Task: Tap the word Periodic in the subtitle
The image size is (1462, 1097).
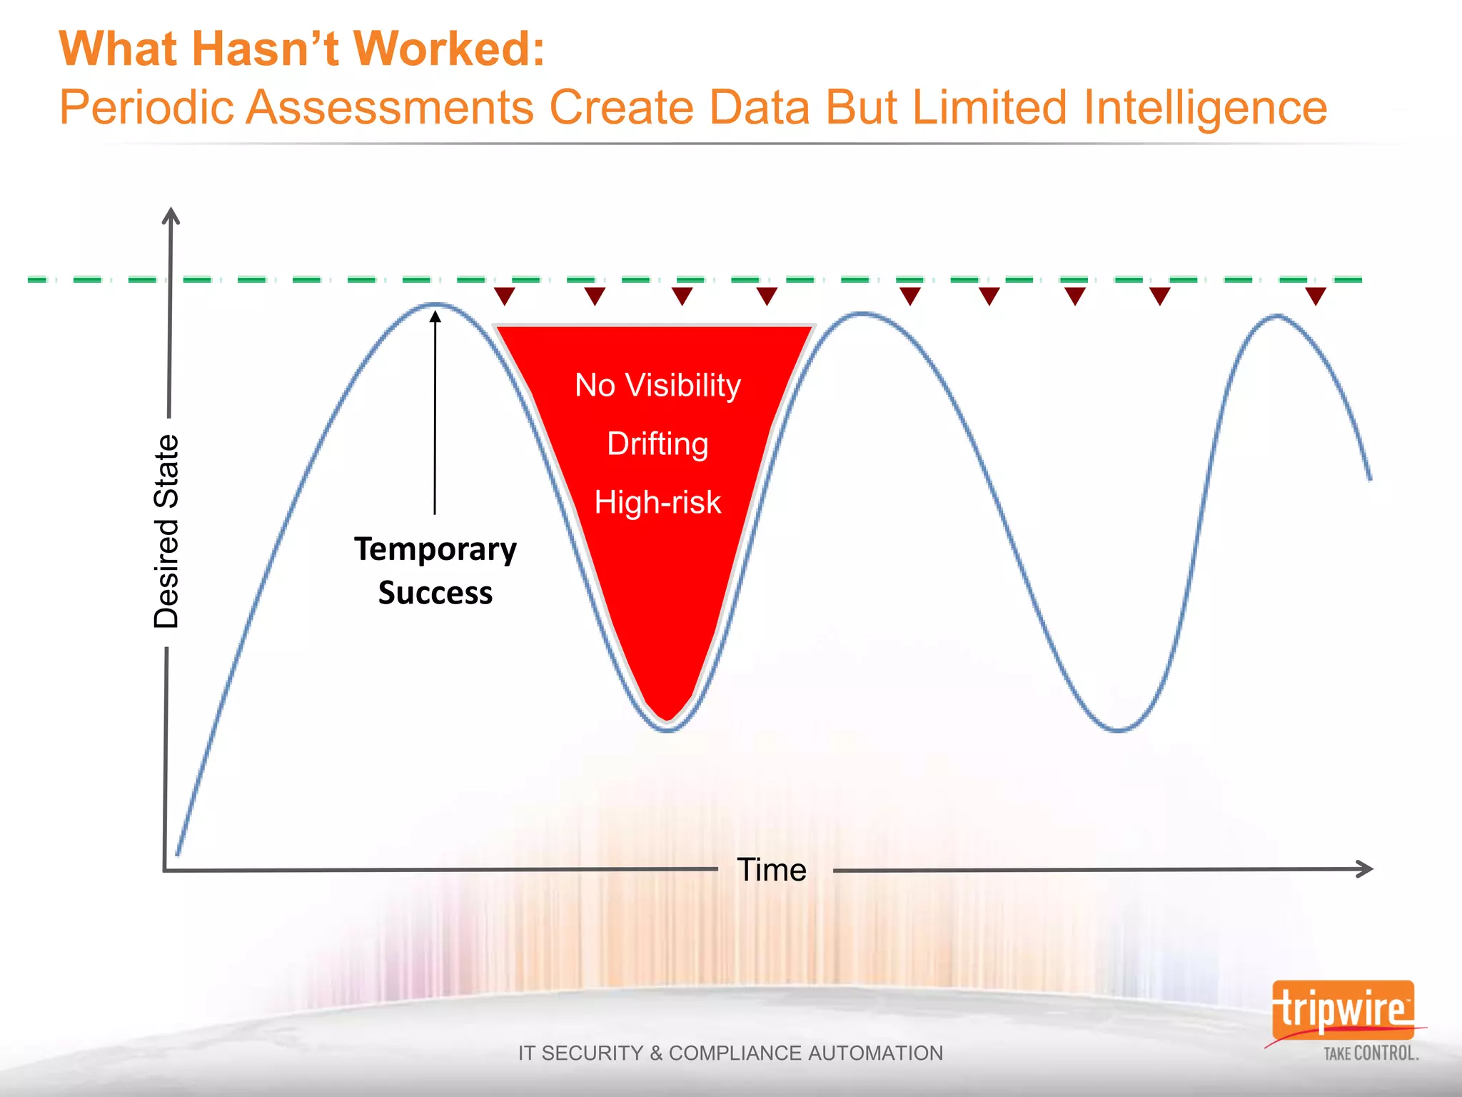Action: (x=146, y=108)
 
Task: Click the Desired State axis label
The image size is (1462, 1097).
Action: (x=166, y=532)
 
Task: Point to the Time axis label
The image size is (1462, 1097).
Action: (x=772, y=870)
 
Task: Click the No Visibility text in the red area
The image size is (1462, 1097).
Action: (x=657, y=386)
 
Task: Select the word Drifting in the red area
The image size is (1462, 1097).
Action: (x=657, y=444)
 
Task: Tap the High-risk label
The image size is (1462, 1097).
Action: (x=657, y=502)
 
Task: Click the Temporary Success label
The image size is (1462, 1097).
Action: (x=435, y=571)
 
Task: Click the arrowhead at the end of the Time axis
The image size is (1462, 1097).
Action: (x=1364, y=868)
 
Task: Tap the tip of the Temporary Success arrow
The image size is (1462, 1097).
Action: (x=435, y=315)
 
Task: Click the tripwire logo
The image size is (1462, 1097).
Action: (x=1342, y=1010)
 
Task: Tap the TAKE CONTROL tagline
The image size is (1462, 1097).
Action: (x=1371, y=1053)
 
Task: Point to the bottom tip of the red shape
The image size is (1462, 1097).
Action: (x=667, y=718)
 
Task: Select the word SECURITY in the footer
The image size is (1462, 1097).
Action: (x=593, y=1053)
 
